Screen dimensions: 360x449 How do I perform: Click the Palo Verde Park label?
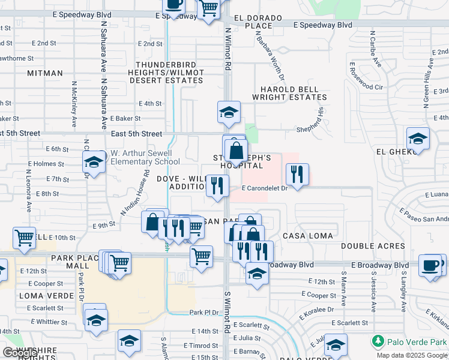(416, 342)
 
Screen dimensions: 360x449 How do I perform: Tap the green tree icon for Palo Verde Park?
(378, 342)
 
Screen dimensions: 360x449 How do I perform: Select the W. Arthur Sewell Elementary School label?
(145, 157)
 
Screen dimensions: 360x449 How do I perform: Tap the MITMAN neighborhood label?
(44, 73)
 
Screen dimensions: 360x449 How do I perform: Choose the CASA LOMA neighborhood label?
(307, 236)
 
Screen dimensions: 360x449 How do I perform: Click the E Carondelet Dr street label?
(265, 188)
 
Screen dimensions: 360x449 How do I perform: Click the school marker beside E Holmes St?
(94, 161)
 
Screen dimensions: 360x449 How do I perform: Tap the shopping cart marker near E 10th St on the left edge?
(24, 238)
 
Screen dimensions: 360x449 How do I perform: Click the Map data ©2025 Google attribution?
(412, 355)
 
